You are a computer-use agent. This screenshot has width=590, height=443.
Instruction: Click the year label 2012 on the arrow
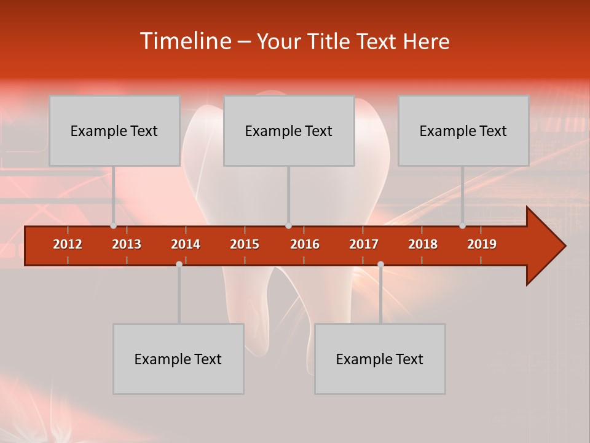coord(68,244)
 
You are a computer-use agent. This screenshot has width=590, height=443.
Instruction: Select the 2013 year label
coord(127,244)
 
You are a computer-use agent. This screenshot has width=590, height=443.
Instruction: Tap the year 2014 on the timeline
coord(186,244)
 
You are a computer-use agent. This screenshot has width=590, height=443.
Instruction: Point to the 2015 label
coord(245,244)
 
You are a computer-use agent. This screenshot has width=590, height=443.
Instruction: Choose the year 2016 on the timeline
coord(305,244)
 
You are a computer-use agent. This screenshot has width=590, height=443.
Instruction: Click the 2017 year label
coord(364,244)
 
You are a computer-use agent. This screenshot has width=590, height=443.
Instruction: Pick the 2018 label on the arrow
coord(423,244)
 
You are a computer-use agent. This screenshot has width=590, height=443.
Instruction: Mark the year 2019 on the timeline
coord(482,244)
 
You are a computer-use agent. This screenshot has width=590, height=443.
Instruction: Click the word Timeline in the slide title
coord(184,41)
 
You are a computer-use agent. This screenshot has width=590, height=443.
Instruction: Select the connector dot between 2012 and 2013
coord(114,226)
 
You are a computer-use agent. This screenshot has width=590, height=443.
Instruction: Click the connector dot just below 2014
coord(179,264)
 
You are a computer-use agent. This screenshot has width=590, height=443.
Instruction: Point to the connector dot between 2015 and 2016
coord(288,226)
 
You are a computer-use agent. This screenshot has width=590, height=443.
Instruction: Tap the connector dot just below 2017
coord(380,264)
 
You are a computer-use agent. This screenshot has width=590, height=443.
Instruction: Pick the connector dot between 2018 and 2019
coord(462,226)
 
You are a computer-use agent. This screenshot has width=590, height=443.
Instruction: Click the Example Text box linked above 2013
coord(114,130)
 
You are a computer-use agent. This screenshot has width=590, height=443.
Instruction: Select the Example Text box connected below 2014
coord(178,359)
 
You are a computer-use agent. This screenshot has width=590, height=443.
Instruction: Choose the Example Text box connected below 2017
coord(380,359)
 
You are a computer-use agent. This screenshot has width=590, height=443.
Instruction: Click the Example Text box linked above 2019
coord(463,130)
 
